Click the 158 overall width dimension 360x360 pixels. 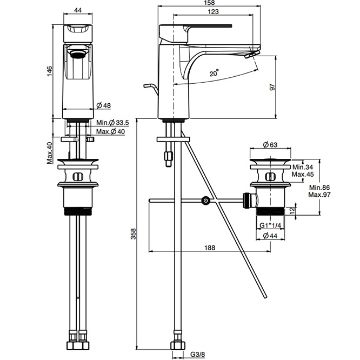point(209,3)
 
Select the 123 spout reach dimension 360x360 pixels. point(213,11)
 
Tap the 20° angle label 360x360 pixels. point(214,73)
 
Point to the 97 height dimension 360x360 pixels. point(272,87)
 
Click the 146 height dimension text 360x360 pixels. point(50,71)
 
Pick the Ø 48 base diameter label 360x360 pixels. point(104,105)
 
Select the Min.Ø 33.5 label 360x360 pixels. point(112,123)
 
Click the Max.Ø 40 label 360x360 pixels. point(110,131)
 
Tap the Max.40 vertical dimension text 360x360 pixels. point(50,153)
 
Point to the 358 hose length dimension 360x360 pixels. point(133,234)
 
